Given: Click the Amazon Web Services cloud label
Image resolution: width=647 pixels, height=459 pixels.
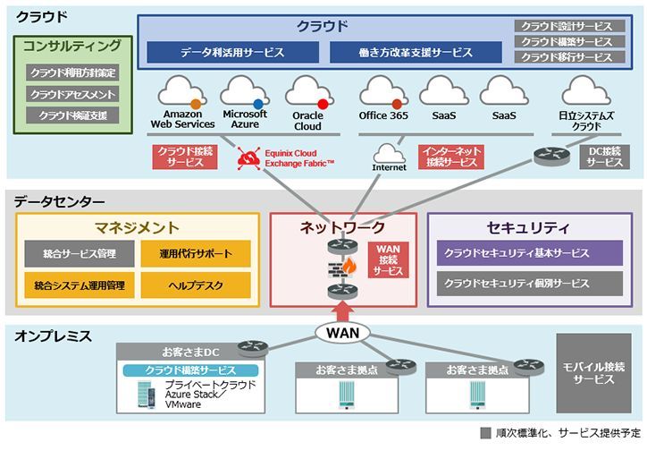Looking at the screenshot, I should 182,119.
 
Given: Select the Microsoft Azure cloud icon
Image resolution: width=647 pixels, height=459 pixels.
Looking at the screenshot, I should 245,91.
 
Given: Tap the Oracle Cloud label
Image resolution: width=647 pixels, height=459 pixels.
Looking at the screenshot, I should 307,120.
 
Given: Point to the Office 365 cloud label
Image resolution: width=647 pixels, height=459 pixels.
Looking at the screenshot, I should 382,115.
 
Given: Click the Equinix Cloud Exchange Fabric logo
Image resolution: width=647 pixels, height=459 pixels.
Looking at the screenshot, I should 247,157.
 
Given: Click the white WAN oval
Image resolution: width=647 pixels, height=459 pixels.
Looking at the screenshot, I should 343,333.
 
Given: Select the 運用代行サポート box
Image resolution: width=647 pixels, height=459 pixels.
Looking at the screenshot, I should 195,254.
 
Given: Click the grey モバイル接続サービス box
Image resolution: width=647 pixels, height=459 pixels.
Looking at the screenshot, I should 593,373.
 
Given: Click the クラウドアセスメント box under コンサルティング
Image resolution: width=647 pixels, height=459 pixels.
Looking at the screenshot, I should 72,94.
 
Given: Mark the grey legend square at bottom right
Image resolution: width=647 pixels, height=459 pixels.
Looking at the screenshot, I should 486,433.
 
